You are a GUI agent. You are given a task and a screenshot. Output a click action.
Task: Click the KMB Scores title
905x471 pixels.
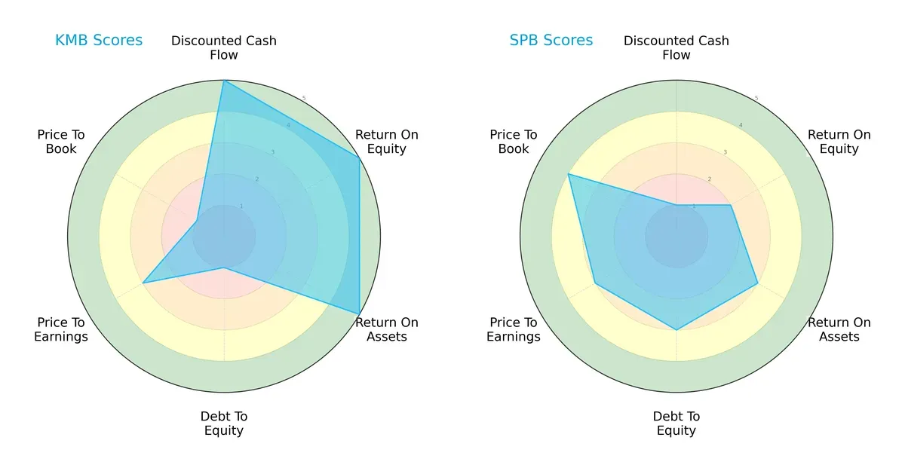[99, 41]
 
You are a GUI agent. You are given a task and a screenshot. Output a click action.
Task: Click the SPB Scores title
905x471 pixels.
[551, 41]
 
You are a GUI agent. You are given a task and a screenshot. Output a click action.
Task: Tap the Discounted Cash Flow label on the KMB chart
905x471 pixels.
[224, 47]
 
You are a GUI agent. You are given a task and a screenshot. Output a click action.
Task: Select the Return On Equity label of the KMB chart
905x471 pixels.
[387, 142]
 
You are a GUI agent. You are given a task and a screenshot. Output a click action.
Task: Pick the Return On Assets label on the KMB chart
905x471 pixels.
[387, 329]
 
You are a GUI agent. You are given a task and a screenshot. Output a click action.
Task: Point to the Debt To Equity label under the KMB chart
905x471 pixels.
[224, 424]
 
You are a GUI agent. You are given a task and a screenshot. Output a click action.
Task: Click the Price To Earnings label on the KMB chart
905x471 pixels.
[61, 329]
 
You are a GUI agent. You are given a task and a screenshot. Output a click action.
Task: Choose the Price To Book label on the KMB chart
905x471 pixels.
[61, 142]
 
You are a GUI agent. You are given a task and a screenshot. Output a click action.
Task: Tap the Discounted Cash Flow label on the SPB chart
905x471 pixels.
[676, 47]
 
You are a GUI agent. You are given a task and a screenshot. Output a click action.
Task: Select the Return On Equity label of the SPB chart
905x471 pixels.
[839, 142]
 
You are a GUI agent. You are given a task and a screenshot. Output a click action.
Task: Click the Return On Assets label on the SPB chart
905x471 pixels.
[839, 329]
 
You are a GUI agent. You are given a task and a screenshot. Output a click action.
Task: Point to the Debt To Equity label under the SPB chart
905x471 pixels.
[676, 424]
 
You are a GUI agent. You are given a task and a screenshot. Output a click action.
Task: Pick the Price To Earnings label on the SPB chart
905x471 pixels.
[514, 329]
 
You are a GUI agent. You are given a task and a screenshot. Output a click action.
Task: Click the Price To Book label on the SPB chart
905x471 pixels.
[514, 142]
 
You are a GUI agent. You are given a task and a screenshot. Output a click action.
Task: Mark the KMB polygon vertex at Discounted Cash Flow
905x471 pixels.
[224, 81]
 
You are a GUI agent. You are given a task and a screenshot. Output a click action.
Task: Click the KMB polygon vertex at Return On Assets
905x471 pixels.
[359, 314]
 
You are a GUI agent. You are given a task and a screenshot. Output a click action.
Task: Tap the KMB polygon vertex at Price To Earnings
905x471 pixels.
[143, 283]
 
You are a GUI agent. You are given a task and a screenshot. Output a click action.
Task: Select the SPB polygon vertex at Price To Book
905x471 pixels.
[568, 174]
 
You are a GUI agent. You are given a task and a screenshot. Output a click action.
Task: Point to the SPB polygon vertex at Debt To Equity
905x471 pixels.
[676, 330]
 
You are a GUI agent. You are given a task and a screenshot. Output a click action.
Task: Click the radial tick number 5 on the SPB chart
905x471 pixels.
[756, 99]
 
